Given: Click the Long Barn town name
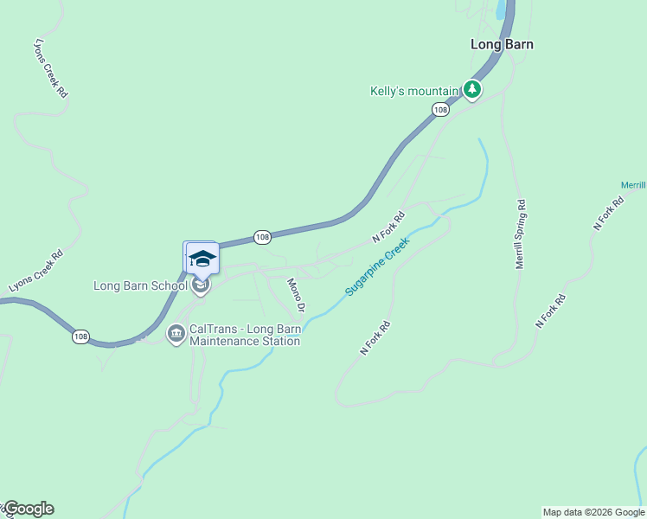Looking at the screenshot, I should (502, 44).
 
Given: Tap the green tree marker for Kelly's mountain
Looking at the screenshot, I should (471, 89).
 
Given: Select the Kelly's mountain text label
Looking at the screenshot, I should (413, 91).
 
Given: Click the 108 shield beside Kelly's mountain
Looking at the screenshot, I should (441, 109).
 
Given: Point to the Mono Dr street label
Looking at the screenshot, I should (297, 295).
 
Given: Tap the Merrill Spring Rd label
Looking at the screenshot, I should (521, 234).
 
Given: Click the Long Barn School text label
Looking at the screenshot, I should (140, 285).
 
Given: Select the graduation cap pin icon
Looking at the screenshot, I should (202, 259).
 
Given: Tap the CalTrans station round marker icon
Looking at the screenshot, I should (176, 333).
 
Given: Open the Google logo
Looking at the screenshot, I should (28, 509).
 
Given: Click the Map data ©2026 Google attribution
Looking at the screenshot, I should (593, 512).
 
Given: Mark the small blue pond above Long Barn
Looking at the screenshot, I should (500, 10).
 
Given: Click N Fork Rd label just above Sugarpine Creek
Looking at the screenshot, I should (388, 227).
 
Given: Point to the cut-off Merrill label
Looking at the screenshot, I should (633, 185).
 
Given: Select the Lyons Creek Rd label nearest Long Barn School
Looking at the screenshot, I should (36, 270).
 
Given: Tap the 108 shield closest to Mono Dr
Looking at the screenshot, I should (263, 236).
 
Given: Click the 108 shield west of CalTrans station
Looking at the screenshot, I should (80, 336).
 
